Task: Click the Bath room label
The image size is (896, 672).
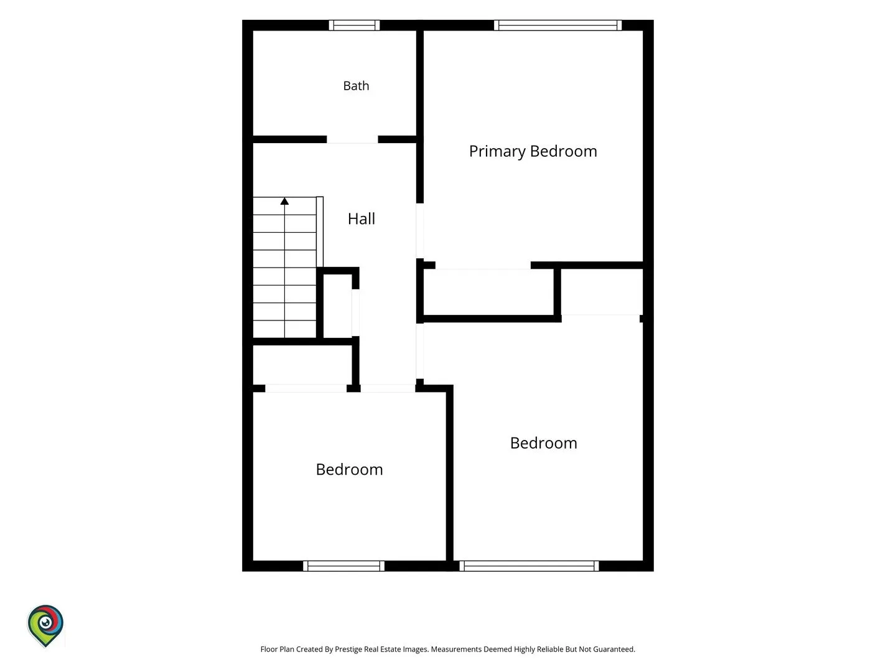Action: click(x=356, y=86)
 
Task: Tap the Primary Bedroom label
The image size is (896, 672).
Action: click(x=533, y=151)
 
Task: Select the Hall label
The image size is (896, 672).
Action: click(x=362, y=218)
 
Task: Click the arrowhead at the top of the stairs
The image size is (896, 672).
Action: click(x=284, y=201)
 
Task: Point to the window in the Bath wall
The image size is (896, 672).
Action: click(x=354, y=26)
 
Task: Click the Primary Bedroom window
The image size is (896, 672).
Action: click(x=558, y=26)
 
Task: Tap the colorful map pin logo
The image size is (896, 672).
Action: click(x=45, y=625)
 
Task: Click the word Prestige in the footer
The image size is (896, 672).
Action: click(x=348, y=650)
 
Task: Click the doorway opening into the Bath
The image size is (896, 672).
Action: click(x=352, y=139)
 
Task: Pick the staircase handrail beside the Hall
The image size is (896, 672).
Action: click(x=320, y=231)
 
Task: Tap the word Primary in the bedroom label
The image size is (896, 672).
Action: click(x=497, y=151)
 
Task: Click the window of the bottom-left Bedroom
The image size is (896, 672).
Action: click(x=343, y=566)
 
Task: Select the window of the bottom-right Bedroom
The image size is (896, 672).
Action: click(x=529, y=566)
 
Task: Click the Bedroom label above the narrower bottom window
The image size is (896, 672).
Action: click(x=350, y=470)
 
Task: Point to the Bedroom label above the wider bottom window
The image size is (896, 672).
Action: click(x=544, y=443)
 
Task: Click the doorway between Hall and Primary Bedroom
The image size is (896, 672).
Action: click(x=419, y=230)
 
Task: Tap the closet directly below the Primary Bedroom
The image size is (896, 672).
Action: click(x=488, y=292)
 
